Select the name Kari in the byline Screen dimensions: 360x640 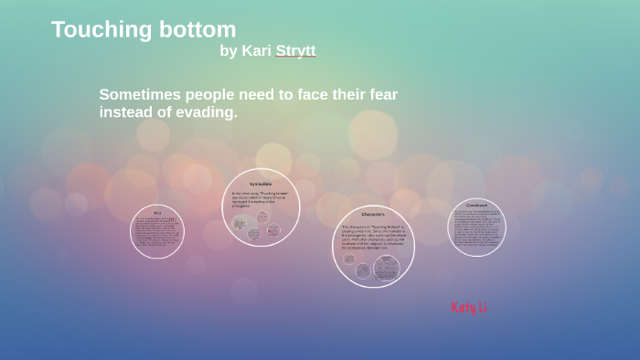[x=256, y=51]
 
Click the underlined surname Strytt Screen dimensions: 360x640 [x=295, y=51]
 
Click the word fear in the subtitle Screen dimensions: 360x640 [x=379, y=94]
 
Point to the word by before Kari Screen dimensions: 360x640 [x=228, y=51]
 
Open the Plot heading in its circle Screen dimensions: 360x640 [x=157, y=213]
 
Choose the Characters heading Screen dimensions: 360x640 [x=373, y=215]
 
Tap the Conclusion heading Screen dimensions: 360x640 [x=476, y=206]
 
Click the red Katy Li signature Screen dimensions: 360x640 [x=469, y=308]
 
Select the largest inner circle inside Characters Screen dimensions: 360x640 [x=387, y=267]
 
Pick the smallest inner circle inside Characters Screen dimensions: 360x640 [x=349, y=259]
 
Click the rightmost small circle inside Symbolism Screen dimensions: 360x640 [x=273, y=230]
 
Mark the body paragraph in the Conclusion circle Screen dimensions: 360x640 [x=476, y=228]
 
